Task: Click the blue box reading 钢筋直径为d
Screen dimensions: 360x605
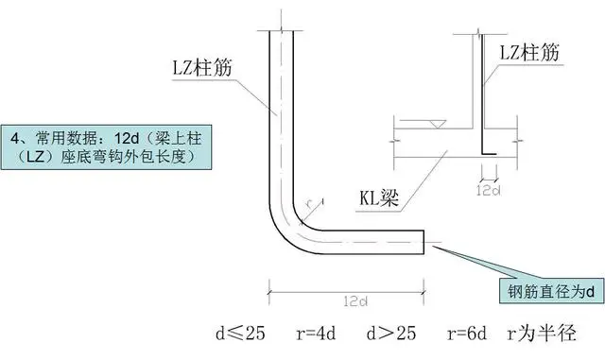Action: click(550, 293)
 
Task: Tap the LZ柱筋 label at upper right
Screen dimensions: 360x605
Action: click(532, 57)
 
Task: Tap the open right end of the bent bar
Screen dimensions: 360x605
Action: click(423, 242)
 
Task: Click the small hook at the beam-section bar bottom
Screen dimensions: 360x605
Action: click(490, 152)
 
